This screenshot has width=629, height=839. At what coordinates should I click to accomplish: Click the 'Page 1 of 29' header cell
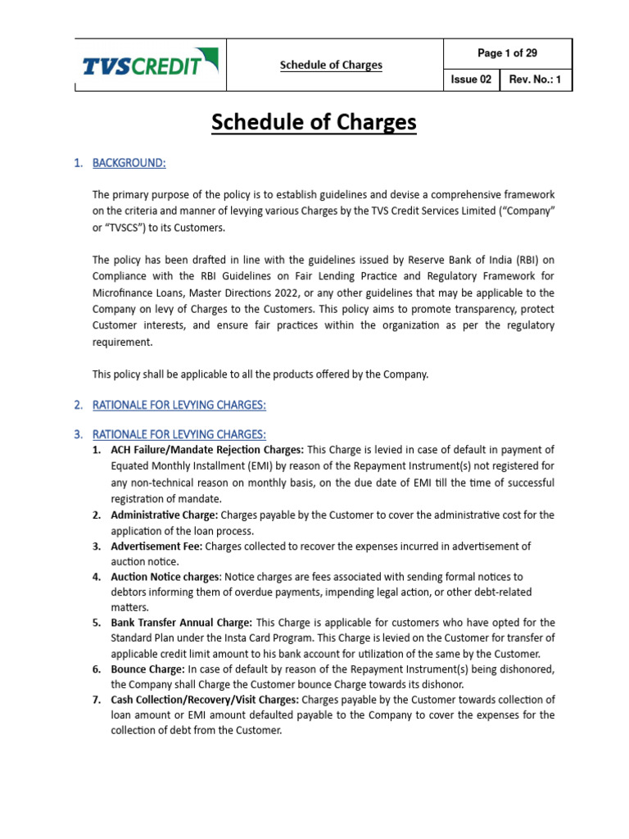507,53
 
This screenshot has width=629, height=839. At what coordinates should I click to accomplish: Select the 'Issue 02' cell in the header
471,79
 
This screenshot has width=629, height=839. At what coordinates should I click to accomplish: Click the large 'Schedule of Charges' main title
314,123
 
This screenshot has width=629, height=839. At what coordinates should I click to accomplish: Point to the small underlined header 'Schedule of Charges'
331,65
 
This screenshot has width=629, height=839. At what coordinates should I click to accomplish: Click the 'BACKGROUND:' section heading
129,163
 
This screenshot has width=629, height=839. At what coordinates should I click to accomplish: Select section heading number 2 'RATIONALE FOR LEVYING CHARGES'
179,405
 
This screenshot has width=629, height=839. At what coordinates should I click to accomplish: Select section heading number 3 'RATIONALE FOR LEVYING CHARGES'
179,433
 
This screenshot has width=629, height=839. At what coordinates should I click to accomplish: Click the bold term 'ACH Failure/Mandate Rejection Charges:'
207,450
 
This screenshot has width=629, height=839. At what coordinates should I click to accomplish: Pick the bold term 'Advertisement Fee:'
156,546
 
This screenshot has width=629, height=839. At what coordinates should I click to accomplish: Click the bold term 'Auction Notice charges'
165,577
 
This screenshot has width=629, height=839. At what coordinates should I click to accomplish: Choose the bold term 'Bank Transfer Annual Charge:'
181,623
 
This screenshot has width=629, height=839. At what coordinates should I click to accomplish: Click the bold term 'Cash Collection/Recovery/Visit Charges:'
206,700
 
